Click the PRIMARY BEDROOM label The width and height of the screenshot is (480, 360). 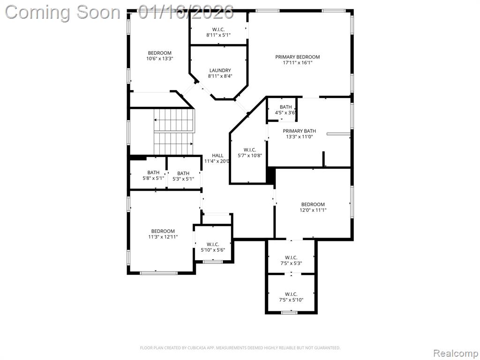click(297, 57)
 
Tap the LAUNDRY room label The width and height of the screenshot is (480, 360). click(220, 70)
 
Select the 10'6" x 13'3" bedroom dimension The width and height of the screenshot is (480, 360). click(160, 59)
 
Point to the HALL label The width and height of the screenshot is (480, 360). click(217, 156)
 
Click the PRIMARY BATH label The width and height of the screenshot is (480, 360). click(299, 131)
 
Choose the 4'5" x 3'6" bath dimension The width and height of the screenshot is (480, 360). click(285, 112)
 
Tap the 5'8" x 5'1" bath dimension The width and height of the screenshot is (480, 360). click(153, 179)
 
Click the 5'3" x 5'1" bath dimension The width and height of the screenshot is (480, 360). click(183, 179)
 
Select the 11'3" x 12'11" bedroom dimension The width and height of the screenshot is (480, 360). click(163, 237)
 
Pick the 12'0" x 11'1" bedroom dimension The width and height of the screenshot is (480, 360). click(313, 210)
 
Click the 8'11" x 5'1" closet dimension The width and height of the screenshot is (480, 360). click(218, 35)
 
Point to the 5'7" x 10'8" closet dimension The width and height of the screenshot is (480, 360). click(249, 156)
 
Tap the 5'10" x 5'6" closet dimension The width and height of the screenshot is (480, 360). click(213, 250)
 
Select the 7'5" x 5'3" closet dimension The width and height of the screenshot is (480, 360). click(291, 263)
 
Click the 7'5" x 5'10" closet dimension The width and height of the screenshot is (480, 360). click(291, 300)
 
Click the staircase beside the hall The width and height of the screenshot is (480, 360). click(173, 131)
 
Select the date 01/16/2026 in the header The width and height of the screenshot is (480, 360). click(187, 12)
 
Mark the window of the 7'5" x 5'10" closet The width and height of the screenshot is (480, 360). click(289, 312)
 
